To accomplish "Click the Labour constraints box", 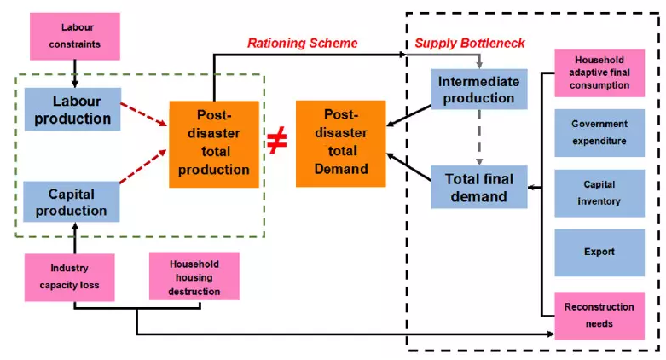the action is pos(75,36).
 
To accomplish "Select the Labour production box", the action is pos(72,109).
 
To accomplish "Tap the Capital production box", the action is pos(72,202).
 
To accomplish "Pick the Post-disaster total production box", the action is pos(214,144).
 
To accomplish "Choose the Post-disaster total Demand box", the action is pos(341,143).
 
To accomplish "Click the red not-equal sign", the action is pos(277,142).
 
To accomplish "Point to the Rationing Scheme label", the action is pos(303,43).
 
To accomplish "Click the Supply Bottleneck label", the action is pos(470,43).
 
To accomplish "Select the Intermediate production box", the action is pos(479,90).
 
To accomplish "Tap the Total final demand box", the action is pos(479,187).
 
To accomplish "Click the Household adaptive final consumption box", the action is pos(599,73).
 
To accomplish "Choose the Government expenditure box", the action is pos(599,132).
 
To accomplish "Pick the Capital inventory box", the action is pos(599,193).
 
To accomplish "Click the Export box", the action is pos(599,253).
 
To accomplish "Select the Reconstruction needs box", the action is pos(599,316).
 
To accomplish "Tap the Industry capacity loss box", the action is pos(70,277).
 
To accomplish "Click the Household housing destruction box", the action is pos(194,276).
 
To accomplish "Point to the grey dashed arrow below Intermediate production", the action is pos(479,137).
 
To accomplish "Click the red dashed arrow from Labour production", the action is pos(144,115).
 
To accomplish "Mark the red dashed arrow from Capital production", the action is pos(143,166).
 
